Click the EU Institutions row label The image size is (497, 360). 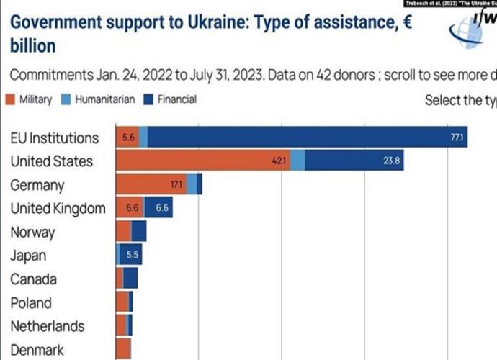tap(54, 138)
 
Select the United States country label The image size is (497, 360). tap(51, 161)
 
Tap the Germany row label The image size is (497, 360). tap(37, 185)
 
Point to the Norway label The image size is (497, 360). tap(32, 233)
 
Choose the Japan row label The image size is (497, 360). tap(28, 256)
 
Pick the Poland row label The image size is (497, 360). tap(31, 303)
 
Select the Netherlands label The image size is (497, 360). tap(47, 326)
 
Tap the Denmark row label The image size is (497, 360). tap(37, 351)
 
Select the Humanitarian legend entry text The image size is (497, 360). tap(104, 99)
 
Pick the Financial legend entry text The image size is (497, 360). tap(176, 99)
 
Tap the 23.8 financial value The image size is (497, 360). tap(392, 161)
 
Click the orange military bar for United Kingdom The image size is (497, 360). tap(130, 209)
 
